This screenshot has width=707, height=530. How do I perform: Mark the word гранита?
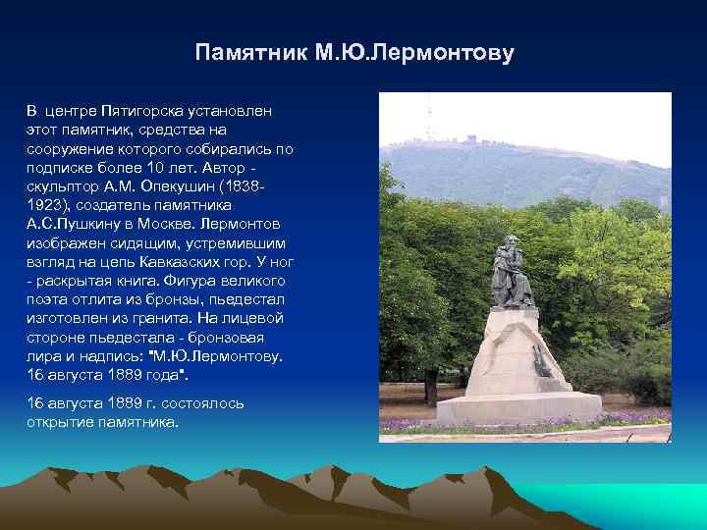147,318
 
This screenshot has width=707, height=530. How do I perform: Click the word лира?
44,356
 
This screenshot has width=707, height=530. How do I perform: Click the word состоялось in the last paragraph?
203,403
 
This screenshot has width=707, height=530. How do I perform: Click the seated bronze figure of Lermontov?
511,270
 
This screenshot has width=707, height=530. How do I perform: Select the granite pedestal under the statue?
515,363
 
